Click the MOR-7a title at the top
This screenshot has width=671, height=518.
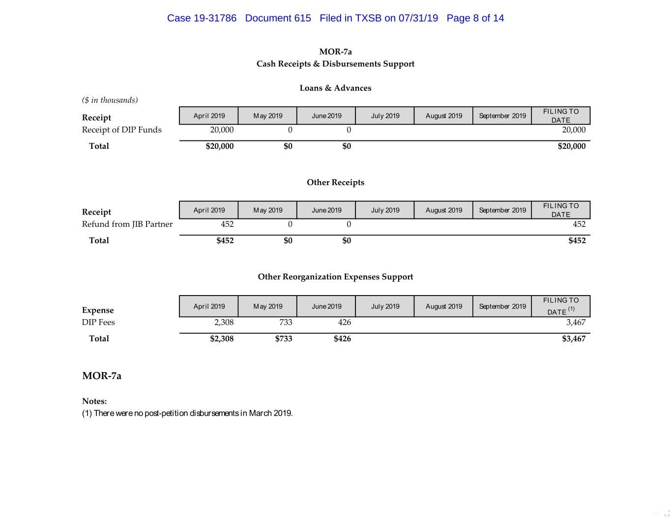pyautogui.click(x=335, y=52)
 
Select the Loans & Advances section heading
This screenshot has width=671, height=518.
pyautogui.click(x=335, y=88)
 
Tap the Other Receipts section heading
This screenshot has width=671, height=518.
pyautogui.click(x=335, y=182)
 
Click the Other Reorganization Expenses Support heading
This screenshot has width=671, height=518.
pyautogui.click(x=335, y=276)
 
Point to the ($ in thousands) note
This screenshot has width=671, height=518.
pyautogui.click(x=110, y=100)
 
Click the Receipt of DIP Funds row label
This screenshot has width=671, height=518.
pyautogui.click(x=121, y=130)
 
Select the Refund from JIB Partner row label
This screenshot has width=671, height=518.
pyautogui.click(x=127, y=224)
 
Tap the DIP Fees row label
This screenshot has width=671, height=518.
pyautogui.click(x=98, y=322)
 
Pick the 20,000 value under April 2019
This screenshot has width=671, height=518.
pyautogui.click(x=222, y=130)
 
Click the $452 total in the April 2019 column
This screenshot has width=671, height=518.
pyautogui.click(x=225, y=240)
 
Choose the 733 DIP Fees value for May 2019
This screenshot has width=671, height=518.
pyautogui.click(x=286, y=322)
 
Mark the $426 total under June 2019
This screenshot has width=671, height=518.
pyautogui.click(x=342, y=338)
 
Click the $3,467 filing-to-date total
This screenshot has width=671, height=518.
pyautogui.click(x=574, y=338)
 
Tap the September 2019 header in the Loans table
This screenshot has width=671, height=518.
pyautogui.click(x=502, y=116)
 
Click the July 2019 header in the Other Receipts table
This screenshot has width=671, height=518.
pyautogui.click(x=385, y=210)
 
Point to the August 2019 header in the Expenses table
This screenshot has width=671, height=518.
pyautogui.click(x=443, y=306)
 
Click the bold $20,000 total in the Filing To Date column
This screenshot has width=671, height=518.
pyautogui.click(x=571, y=146)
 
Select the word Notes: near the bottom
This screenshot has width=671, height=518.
pyautogui.click(x=94, y=401)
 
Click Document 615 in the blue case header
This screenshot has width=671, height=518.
pyautogui.click(x=278, y=18)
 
